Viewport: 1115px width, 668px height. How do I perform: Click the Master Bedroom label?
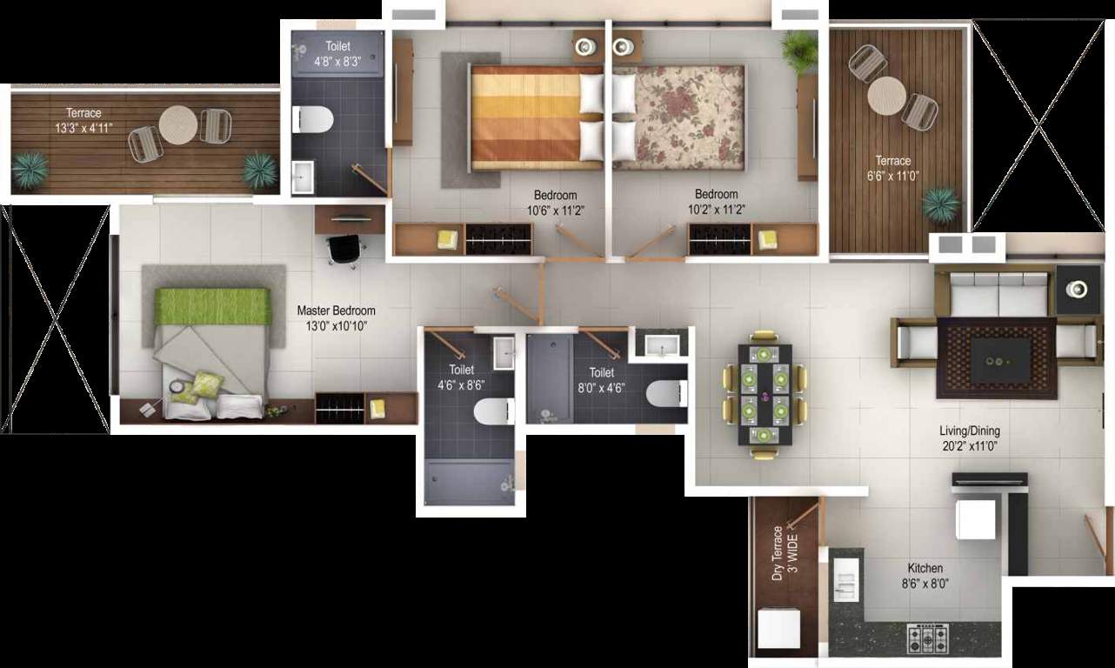coord(336,311)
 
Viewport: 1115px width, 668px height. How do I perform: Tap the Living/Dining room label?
coord(969,431)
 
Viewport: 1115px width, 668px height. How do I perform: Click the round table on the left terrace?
coord(178,124)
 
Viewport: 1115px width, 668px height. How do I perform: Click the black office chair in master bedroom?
coord(344,248)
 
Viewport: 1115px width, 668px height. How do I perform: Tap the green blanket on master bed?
coord(209,306)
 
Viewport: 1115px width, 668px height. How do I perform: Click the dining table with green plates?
coord(765,393)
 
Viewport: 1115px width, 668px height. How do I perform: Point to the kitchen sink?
coord(846,578)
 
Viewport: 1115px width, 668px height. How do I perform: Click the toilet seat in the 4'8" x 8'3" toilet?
coord(312,119)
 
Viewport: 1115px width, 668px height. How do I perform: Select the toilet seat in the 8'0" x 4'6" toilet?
coord(665,393)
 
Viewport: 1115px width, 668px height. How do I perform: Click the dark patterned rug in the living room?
coord(997,357)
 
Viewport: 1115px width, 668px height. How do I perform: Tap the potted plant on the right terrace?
coord(941,205)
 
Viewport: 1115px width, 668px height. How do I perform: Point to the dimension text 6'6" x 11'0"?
coord(892,175)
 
